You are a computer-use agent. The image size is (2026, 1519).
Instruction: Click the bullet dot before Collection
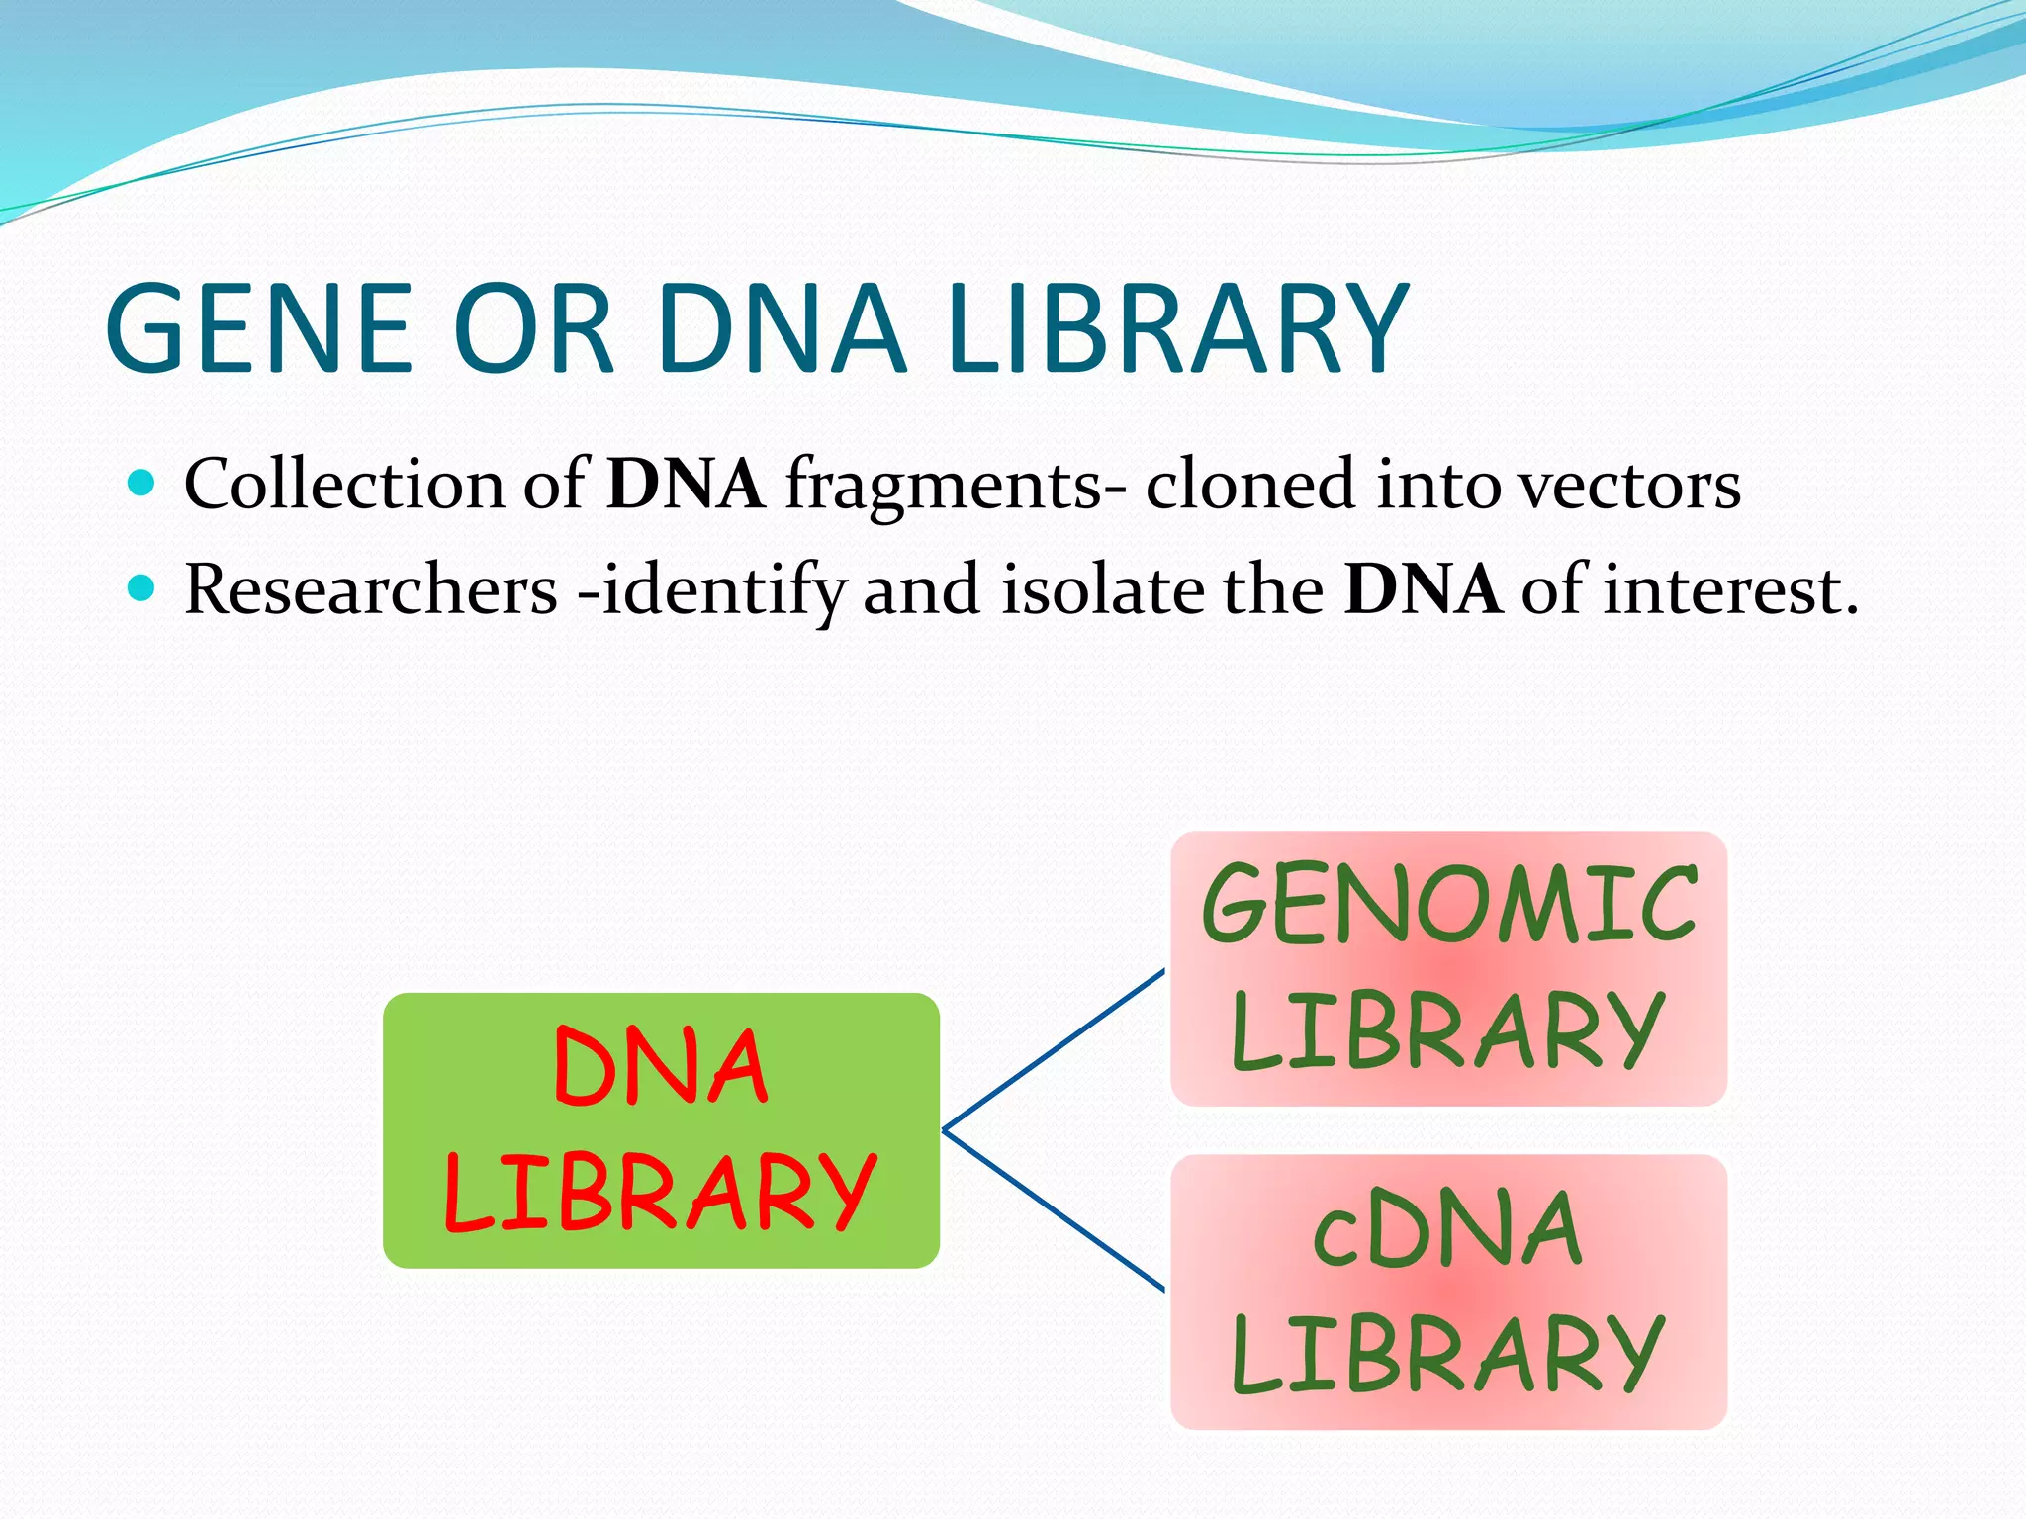click(x=142, y=484)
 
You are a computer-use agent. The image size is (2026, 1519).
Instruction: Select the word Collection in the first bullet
click(x=344, y=485)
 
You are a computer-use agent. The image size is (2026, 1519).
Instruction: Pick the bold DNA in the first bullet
click(x=686, y=485)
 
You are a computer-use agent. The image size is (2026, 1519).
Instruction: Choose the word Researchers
click(x=371, y=590)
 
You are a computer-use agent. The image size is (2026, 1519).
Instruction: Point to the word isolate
click(x=1102, y=590)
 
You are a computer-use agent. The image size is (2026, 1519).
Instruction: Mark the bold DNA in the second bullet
click(x=1422, y=590)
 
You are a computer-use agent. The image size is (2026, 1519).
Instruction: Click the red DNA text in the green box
click(x=661, y=1067)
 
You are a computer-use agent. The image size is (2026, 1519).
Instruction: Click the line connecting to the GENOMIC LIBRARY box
click(x=1054, y=1049)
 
